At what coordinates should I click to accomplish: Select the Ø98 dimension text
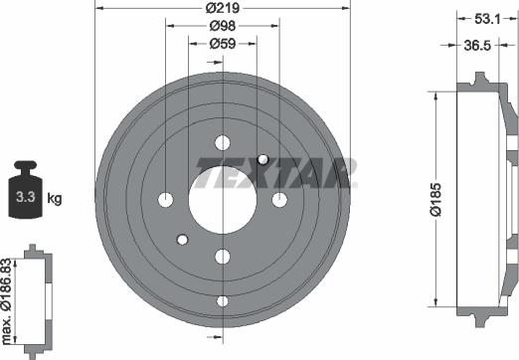click(x=223, y=27)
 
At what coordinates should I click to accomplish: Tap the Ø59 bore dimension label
click(x=223, y=44)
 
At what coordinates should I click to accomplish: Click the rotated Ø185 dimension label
click(x=435, y=199)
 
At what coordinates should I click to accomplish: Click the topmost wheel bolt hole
click(x=222, y=141)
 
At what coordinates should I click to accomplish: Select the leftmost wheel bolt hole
click(x=165, y=200)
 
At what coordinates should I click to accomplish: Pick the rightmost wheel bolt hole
click(x=279, y=200)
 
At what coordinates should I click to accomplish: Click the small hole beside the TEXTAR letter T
click(x=262, y=159)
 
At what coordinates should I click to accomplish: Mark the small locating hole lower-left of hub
click(x=182, y=239)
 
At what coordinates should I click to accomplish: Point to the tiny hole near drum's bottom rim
click(x=222, y=300)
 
